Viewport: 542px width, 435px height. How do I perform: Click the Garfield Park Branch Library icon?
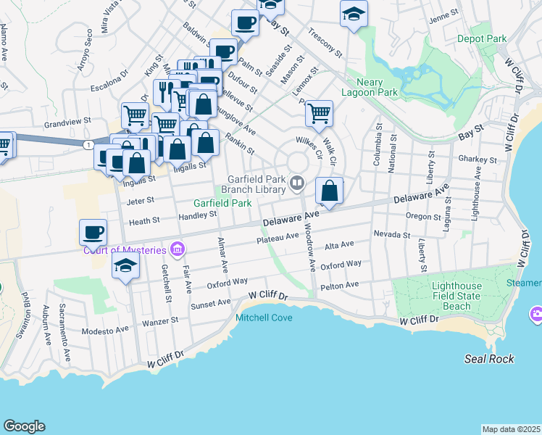[296, 184]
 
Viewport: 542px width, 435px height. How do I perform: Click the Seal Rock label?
[490, 359]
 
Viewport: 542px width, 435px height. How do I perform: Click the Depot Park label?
[482, 38]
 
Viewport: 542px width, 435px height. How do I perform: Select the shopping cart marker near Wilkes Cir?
[319, 114]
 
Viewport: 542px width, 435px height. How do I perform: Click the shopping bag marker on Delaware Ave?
[329, 192]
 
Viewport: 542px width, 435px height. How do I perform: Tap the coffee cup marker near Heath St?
[93, 233]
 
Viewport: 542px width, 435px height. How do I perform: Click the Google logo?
[24, 426]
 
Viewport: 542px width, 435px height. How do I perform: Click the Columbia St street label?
[377, 149]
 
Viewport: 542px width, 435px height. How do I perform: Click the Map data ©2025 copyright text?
[512, 429]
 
